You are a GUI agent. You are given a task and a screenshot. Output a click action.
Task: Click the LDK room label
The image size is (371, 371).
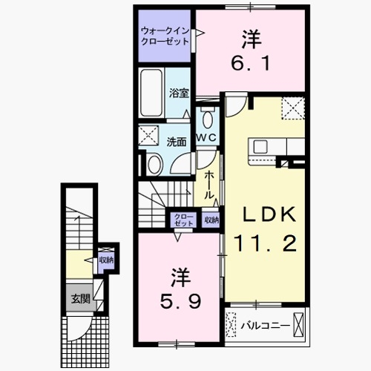coord(271,214)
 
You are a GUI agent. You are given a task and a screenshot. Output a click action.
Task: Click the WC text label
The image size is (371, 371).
coord(206,139)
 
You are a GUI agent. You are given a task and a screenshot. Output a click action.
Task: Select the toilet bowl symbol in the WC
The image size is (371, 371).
coord(206,119)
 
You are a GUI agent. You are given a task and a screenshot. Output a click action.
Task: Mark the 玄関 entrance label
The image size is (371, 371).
coord(80,300)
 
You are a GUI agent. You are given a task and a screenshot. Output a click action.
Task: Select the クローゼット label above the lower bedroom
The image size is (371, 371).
coord(183,220)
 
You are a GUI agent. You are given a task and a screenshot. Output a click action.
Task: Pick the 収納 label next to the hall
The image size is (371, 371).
coord(211,220)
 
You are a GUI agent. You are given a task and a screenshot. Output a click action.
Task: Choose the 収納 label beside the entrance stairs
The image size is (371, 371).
coord(106,260)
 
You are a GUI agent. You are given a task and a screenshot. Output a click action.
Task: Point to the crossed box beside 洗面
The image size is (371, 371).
coord(148,136)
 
